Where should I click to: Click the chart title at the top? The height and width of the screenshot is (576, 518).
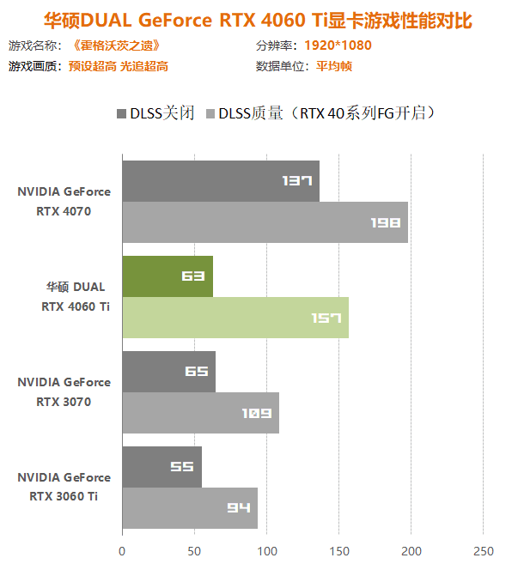click(259, 19)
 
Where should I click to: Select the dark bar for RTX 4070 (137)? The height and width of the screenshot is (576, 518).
click(220, 181)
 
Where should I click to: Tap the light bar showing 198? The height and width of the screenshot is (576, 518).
click(265, 222)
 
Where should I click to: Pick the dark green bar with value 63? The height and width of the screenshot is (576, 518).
click(167, 276)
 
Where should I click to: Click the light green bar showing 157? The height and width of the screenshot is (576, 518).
click(235, 318)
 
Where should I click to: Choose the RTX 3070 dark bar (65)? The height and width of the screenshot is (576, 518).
click(168, 372)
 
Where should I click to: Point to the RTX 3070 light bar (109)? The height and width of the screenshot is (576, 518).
click(200, 413)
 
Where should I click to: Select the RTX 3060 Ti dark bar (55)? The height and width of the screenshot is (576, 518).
click(161, 467)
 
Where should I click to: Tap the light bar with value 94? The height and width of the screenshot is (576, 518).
click(189, 508)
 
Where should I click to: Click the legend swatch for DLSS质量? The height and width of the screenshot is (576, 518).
click(210, 113)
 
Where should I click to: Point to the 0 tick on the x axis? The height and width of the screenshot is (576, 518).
click(122, 550)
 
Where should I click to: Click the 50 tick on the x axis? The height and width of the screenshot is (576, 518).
click(194, 550)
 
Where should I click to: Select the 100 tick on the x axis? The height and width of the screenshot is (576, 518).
click(266, 550)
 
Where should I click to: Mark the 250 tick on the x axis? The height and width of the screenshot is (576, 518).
click(484, 550)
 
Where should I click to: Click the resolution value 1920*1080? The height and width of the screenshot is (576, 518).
click(338, 45)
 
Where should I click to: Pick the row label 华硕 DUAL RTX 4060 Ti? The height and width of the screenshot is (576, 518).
click(76, 296)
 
